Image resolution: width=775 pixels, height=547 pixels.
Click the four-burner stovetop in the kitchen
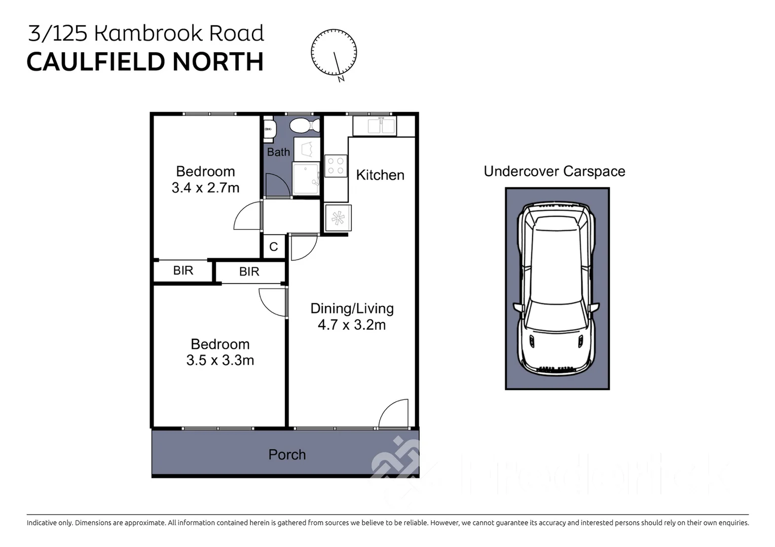tap(336, 166)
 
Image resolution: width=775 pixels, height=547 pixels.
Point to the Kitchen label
tap(380, 175)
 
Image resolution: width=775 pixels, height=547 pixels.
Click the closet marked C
tap(274, 247)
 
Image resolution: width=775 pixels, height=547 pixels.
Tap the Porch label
tap(287, 455)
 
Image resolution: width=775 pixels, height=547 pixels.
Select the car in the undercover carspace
tap(557, 289)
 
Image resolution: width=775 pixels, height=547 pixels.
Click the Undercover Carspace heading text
tap(554, 172)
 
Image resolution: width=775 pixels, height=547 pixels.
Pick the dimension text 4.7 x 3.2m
tap(351, 325)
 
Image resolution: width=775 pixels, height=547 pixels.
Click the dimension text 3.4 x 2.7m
tap(205, 188)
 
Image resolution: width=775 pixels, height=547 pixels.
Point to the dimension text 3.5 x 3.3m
tap(220, 361)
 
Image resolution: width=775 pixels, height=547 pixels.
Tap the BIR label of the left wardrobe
tap(183, 270)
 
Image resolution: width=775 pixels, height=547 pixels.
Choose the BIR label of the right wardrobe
tap(249, 271)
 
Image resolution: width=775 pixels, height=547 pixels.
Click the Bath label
tap(278, 152)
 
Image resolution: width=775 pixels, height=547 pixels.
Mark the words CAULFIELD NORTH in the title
tap(145, 62)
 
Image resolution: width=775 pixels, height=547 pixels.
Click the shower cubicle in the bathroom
tap(306, 179)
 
